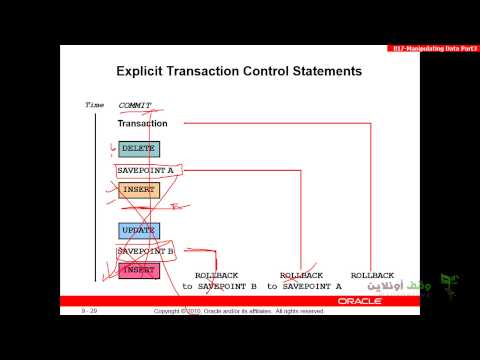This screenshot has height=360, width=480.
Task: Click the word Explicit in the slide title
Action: click(x=146, y=72)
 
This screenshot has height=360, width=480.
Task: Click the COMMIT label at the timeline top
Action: click(x=135, y=104)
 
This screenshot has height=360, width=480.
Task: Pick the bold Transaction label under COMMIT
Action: click(x=142, y=124)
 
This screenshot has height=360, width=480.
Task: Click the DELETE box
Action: click(x=138, y=149)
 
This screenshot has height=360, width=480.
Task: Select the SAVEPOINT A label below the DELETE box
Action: click(x=146, y=171)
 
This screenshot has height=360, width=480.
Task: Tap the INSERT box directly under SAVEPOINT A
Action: click(x=138, y=190)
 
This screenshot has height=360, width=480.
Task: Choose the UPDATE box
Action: click(x=138, y=231)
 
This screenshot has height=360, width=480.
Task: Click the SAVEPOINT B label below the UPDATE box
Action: click(x=146, y=251)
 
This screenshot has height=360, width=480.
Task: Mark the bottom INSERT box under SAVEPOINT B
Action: click(x=138, y=270)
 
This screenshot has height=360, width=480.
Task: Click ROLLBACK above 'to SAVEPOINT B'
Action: click(x=217, y=275)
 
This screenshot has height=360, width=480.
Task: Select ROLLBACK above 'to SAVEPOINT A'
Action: click(x=301, y=275)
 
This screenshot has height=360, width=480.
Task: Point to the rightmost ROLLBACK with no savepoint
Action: click(x=372, y=275)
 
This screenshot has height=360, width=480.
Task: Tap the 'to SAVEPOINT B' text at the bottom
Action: click(x=219, y=287)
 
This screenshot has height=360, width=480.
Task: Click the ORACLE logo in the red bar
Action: click(x=358, y=301)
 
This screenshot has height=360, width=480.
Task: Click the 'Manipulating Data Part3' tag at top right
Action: click(x=432, y=49)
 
